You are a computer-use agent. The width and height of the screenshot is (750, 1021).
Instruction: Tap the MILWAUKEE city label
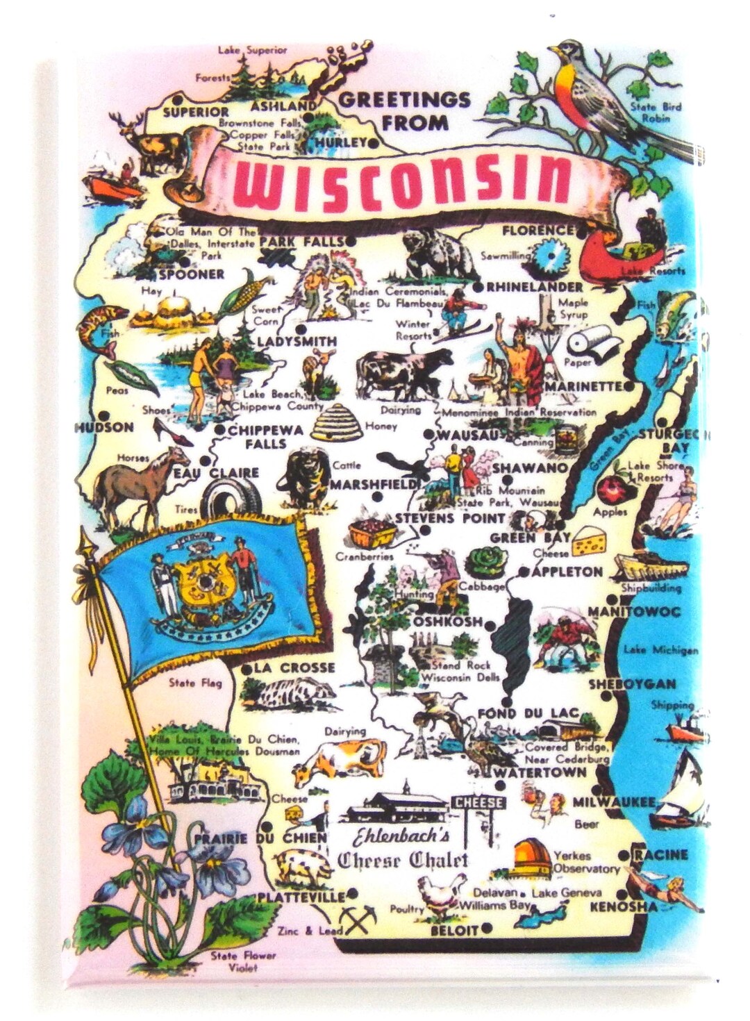tap(614, 802)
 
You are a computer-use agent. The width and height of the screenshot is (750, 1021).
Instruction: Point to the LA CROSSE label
tap(294, 668)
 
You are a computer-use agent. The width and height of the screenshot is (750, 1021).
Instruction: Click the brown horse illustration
tap(139, 483)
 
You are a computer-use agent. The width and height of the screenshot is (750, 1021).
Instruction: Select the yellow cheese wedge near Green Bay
tap(603, 540)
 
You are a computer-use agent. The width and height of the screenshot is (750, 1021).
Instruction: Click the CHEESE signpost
tap(479, 803)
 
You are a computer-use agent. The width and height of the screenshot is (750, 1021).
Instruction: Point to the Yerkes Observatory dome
tap(533, 856)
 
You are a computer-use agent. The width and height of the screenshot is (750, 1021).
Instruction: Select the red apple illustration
tap(612, 489)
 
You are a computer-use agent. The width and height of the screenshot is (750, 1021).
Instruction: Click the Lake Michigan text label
tap(660, 650)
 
